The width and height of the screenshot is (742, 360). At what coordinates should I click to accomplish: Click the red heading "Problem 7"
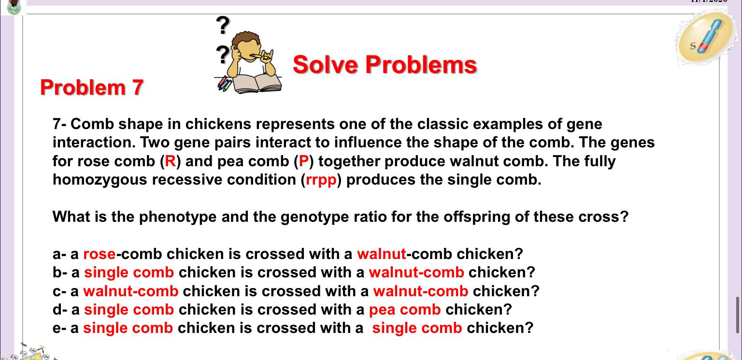pos(92,87)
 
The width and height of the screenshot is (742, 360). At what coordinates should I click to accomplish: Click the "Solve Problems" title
pos(385,65)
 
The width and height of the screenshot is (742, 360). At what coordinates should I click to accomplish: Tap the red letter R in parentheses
pos(171,161)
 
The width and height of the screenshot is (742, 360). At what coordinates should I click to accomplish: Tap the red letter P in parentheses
pos(304,161)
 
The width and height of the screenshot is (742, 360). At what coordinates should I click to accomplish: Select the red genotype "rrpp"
pos(321,180)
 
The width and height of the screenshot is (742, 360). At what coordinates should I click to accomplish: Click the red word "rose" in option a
pos(99,254)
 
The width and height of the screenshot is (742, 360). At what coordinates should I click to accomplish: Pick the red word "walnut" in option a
pos(382,254)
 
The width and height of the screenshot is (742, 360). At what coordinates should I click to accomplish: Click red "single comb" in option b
pos(128,273)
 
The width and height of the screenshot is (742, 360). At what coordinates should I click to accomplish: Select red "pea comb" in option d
pos(405,309)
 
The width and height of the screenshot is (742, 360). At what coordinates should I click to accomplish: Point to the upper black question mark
pos(223,26)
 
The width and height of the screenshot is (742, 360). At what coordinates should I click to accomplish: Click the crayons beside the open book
pos(225,84)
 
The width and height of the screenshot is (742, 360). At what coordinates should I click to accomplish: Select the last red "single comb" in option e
pos(417,328)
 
